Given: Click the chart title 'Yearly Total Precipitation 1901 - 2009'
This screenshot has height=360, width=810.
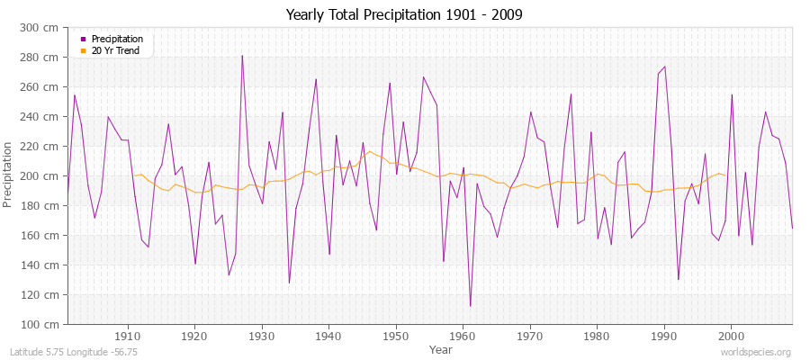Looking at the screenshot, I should pos(404,15).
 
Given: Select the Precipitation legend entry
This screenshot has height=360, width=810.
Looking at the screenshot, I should pos(117,39).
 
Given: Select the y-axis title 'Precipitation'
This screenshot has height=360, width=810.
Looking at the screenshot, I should pos(9,176).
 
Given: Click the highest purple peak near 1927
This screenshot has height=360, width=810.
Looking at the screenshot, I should pos(242,56).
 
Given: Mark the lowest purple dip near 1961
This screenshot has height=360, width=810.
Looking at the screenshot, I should pos(470,306).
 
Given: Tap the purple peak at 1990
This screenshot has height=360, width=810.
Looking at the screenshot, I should pos(664,67).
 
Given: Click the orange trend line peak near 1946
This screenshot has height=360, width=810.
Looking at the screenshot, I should pos(369,151).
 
